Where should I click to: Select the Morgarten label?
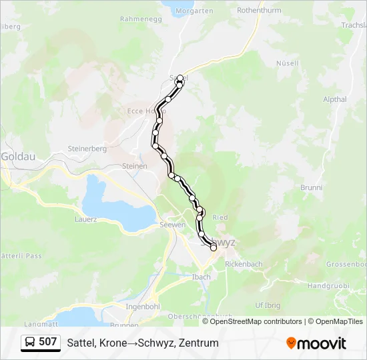pos(194,11)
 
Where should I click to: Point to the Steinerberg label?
pos(87,149)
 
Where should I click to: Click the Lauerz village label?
pos(86,219)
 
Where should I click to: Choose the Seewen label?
pos(172,225)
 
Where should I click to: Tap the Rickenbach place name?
pos(244,264)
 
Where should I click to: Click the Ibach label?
pos(201,277)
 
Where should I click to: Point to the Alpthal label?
pos(334,99)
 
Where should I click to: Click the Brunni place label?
pos(312,188)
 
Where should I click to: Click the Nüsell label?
pos(287,63)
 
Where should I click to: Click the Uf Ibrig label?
pos(267,305)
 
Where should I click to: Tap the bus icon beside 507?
pos(31,343)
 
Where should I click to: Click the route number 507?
pos(48,343)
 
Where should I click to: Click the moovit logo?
pos(316,343)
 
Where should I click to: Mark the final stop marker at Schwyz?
pos(214,247)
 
